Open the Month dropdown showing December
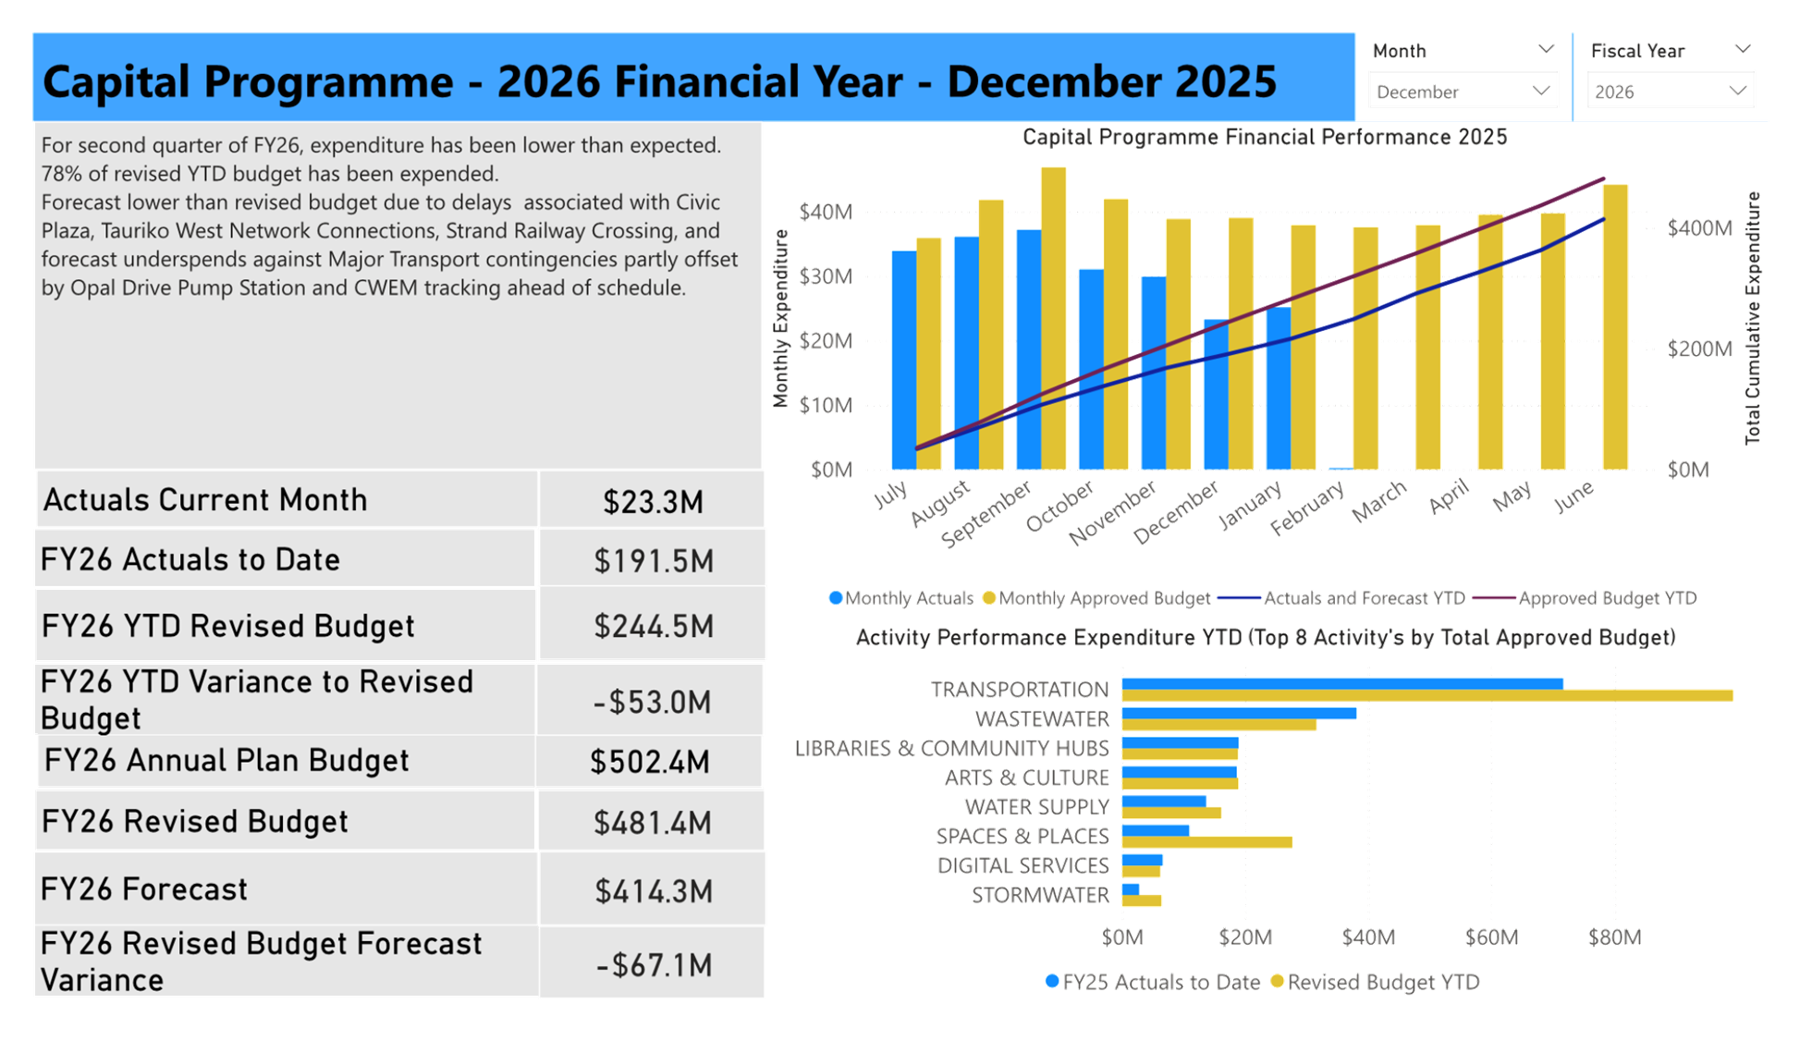pyautogui.click(x=1463, y=91)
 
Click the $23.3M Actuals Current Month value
pyautogui.click(x=653, y=501)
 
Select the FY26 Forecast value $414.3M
pyautogui.click(x=653, y=891)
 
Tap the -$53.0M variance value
pyautogui.click(x=653, y=703)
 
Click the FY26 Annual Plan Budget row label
pyautogui.click(x=227, y=761)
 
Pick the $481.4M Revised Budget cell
pyautogui.click(x=653, y=823)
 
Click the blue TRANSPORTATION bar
pyautogui.click(x=1341, y=684)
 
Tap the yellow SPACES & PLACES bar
pyautogui.click(x=1206, y=842)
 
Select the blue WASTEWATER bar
pyautogui.click(x=1239, y=714)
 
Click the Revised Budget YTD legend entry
pyautogui.click(x=1383, y=982)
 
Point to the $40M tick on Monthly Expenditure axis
pyautogui.click(x=826, y=213)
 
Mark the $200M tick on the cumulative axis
pyautogui.click(x=1698, y=349)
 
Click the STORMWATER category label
pyautogui.click(x=1040, y=895)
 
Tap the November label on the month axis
pyautogui.click(x=1113, y=512)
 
